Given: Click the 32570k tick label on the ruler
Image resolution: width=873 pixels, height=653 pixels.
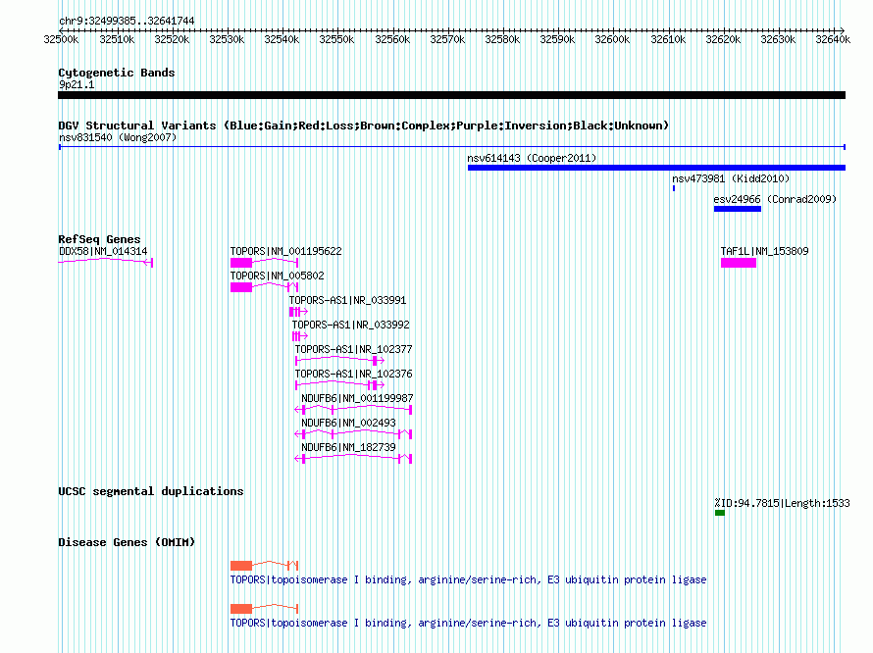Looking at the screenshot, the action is pyautogui.click(x=447, y=39).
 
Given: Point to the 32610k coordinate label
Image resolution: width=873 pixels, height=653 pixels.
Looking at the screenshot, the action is pyautogui.click(x=668, y=39).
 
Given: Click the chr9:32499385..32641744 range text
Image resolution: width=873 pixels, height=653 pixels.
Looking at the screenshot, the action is pyautogui.click(x=127, y=22).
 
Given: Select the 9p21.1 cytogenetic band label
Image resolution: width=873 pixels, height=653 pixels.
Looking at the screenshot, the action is pyautogui.click(x=77, y=84).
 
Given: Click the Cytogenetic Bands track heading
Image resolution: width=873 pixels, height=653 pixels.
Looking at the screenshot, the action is pyautogui.click(x=117, y=73).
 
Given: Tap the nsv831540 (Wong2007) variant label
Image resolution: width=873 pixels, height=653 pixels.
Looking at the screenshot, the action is pyautogui.click(x=118, y=137).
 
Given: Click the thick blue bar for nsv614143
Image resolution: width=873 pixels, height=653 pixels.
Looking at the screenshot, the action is pyautogui.click(x=656, y=168).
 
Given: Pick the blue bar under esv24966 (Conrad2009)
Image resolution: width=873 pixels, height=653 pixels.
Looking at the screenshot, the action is pyautogui.click(x=738, y=209).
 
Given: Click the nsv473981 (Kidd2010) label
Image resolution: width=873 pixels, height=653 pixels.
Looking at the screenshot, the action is pyautogui.click(x=731, y=178).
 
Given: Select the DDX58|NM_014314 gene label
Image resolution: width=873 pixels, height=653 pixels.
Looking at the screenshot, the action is pyautogui.click(x=103, y=252).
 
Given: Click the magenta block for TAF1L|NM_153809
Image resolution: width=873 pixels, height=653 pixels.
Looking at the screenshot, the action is pyautogui.click(x=739, y=263).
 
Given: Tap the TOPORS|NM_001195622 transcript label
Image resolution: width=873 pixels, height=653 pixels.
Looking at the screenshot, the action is pyautogui.click(x=285, y=252).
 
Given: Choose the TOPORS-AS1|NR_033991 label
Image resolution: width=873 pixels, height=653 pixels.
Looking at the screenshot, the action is pyautogui.click(x=347, y=301).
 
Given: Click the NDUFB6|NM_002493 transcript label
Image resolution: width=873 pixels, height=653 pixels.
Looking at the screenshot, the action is pyautogui.click(x=348, y=424).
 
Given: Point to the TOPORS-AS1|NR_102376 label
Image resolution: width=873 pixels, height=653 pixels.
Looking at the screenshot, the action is pyautogui.click(x=353, y=375).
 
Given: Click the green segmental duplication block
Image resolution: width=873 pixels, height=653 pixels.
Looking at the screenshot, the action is pyautogui.click(x=720, y=513).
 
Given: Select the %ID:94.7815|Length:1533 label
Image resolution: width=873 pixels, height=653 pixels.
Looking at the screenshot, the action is pyautogui.click(x=782, y=503).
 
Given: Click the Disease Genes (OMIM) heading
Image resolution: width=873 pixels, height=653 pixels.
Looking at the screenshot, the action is pyautogui.click(x=127, y=542).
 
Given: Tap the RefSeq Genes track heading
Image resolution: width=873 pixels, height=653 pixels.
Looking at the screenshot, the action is pyautogui.click(x=99, y=239).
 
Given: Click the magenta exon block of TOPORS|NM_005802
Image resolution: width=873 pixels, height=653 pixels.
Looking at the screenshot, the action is pyautogui.click(x=241, y=287).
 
